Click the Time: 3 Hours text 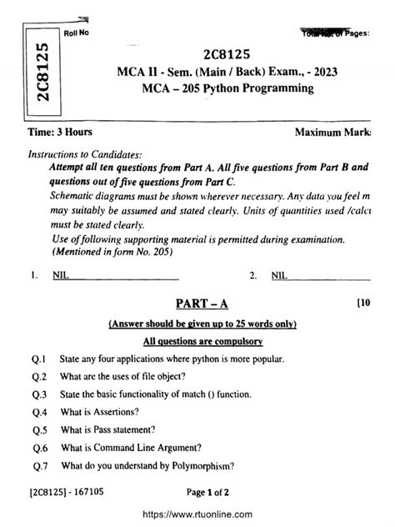point(60,133)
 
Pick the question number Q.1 point(37,359)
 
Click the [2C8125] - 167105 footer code point(63,493)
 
